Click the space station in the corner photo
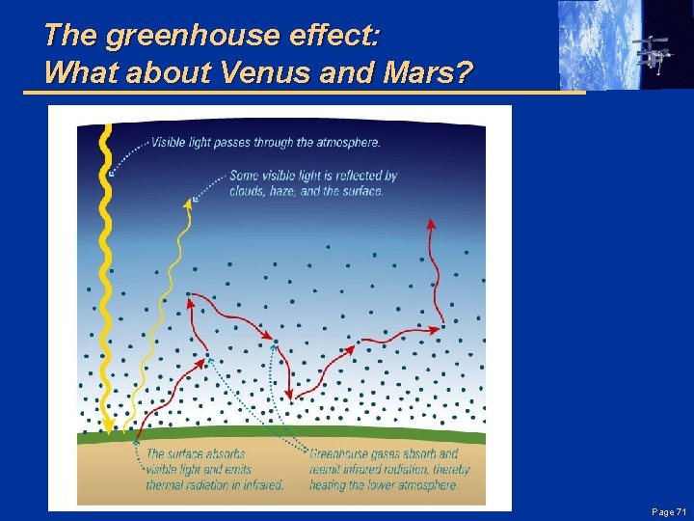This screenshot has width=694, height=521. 654,53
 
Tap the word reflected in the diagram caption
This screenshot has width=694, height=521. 353,176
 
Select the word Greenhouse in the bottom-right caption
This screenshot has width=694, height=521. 340,453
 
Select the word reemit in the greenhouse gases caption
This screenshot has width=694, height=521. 327,469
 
